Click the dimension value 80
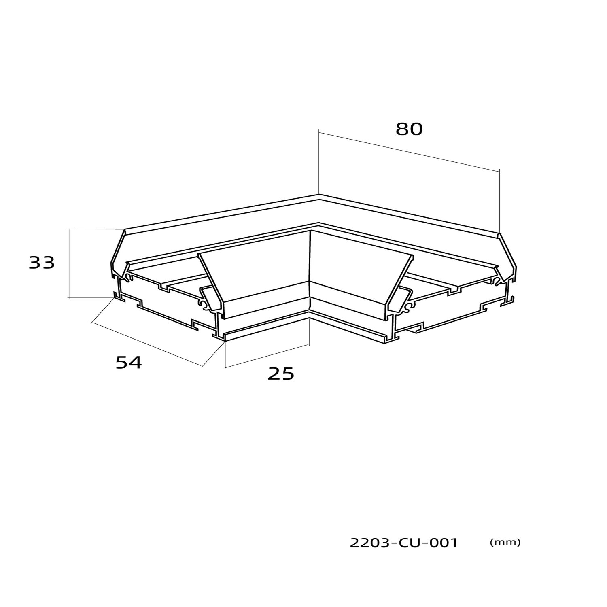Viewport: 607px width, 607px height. [409, 129]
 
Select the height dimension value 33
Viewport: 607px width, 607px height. [42, 263]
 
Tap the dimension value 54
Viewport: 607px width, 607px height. [129, 362]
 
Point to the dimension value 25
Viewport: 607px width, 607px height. [281, 374]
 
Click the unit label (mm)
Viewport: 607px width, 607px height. [505, 542]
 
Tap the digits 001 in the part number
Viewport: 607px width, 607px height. [442, 543]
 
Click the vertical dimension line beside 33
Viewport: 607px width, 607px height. [70, 263]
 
